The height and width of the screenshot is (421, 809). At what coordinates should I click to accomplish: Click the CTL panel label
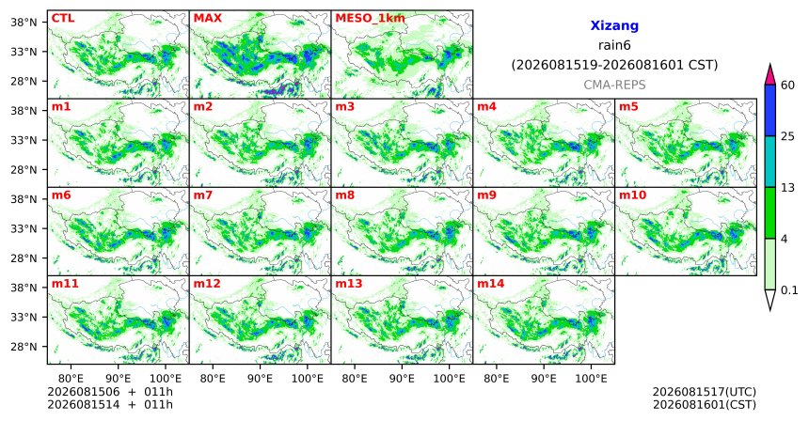[x=63, y=19]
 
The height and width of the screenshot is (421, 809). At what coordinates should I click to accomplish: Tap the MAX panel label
[x=207, y=19]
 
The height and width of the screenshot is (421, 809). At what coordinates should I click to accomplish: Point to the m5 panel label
[x=628, y=107]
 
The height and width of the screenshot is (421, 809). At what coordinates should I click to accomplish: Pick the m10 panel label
[x=632, y=195]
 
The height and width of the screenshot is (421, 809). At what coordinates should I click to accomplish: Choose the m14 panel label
[x=491, y=284]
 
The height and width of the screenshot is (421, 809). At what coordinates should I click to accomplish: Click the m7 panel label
[x=203, y=195]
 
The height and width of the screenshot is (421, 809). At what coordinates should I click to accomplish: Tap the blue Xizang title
[x=614, y=25]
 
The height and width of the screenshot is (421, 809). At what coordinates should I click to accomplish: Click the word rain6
[x=614, y=45]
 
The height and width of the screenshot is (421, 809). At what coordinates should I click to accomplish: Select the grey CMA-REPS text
[x=614, y=85]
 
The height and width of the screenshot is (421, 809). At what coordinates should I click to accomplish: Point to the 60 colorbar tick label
[x=788, y=86]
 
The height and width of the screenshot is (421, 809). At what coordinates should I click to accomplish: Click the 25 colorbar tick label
[x=788, y=136]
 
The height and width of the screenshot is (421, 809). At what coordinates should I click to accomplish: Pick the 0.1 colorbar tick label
[x=789, y=290]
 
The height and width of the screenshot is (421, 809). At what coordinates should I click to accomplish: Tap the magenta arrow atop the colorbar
[x=770, y=75]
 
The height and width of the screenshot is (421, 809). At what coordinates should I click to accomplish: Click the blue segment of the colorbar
[x=770, y=110]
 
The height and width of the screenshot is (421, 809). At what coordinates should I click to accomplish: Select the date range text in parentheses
[x=614, y=66]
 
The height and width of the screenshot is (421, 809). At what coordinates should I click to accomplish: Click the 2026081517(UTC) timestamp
[x=705, y=392]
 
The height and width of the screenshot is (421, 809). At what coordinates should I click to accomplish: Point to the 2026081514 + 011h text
[x=110, y=405]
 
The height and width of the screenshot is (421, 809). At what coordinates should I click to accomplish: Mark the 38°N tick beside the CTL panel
[x=24, y=23]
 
